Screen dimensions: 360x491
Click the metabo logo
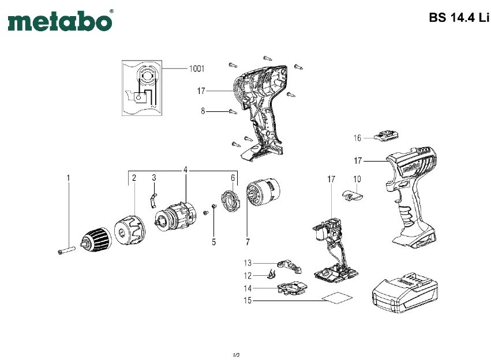59,21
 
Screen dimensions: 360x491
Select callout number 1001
196,69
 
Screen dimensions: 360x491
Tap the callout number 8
203,111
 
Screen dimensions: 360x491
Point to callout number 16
358,138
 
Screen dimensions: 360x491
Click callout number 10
357,179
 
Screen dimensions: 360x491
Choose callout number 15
246,301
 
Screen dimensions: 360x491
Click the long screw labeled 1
68,250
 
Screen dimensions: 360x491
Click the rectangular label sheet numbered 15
337,299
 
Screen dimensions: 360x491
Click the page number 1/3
236,353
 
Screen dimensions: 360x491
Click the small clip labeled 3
153,199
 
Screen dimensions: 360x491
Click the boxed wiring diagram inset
142,88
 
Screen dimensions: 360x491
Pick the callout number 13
246,262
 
